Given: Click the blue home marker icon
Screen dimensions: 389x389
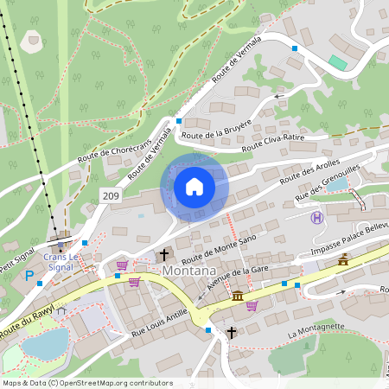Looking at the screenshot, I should click(x=194, y=187).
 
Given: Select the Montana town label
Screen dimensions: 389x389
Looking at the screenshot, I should click(x=188, y=271).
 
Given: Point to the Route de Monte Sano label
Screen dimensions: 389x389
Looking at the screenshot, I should click(x=220, y=248).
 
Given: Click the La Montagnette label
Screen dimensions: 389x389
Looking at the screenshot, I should click(x=316, y=333).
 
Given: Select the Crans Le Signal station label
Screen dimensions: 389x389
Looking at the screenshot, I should click(x=61, y=262).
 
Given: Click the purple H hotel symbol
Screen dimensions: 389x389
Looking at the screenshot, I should click(x=317, y=218).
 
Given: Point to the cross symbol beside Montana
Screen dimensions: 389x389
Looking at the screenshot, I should click(x=164, y=255).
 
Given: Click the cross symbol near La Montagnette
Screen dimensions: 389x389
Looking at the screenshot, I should click(x=231, y=331).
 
